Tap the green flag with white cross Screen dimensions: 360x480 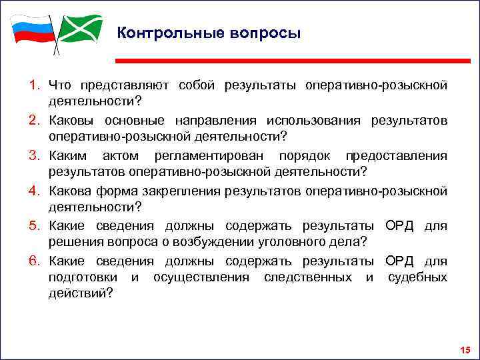[80, 28]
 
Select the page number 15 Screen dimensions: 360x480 [465, 351]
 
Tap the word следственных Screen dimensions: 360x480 [309, 276]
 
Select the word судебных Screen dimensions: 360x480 [417, 276]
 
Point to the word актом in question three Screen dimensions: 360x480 [121, 155]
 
